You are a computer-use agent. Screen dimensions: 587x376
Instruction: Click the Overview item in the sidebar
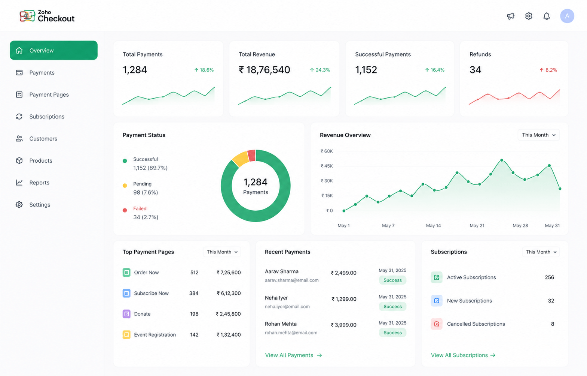53,50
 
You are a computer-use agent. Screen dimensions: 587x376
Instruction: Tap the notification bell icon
546,16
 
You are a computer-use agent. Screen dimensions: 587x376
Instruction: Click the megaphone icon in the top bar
510,16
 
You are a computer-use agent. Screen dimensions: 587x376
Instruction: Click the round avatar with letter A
567,16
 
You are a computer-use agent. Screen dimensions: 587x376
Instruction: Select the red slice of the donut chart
251,156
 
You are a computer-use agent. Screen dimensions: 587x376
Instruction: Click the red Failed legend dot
125,210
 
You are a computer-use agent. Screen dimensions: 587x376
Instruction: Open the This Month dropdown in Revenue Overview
538,135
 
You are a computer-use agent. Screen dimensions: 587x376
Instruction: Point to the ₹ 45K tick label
327,166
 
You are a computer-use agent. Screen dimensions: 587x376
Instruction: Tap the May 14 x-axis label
433,226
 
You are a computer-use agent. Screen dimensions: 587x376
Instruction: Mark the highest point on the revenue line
502,160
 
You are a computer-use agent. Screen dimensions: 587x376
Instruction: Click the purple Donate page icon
126,314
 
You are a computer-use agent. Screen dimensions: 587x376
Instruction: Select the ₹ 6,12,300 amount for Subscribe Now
229,293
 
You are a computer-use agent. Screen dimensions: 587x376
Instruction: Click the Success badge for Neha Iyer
392,306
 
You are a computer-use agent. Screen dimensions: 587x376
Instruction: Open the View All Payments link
293,355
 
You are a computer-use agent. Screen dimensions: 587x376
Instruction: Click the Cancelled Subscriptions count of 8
553,324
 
